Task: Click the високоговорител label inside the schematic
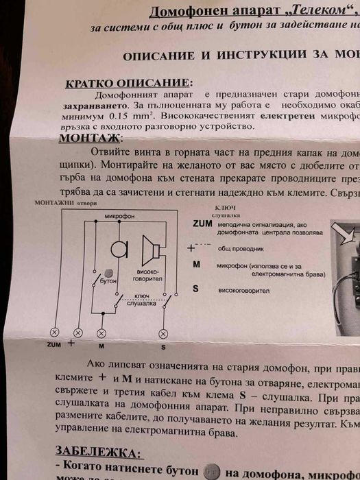148,276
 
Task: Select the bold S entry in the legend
195,289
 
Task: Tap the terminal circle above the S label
163,333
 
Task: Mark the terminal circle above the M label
101,333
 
